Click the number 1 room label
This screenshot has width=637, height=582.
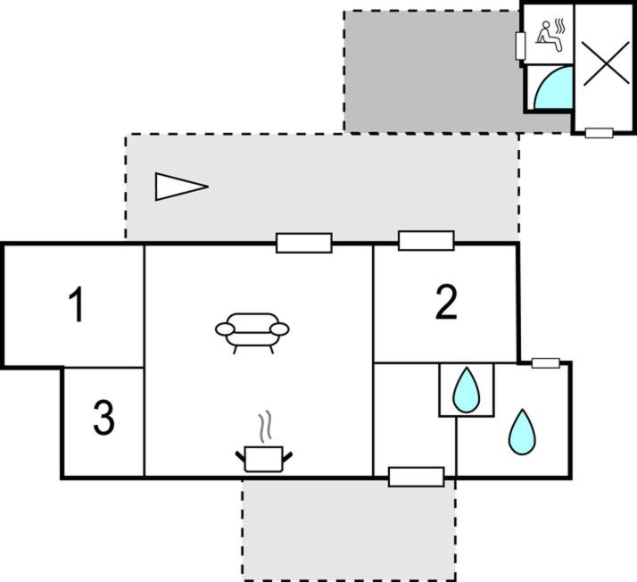pyautogui.click(x=77, y=304)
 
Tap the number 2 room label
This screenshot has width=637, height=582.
pyautogui.click(x=446, y=302)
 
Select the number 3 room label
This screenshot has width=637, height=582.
pyautogui.click(x=104, y=418)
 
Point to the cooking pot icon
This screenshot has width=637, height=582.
pyautogui.click(x=264, y=459)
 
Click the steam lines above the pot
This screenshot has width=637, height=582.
pyautogui.click(x=264, y=427)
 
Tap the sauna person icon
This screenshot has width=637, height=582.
pyautogui.click(x=550, y=36)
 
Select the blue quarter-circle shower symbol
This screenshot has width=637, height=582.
pyautogui.click(x=553, y=87)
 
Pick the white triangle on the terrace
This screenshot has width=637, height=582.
pyautogui.click(x=181, y=187)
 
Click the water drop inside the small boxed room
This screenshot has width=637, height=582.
pyautogui.click(x=467, y=390)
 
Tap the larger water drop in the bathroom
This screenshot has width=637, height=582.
pyautogui.click(x=522, y=432)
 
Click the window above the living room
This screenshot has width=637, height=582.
pyautogui.click(x=304, y=243)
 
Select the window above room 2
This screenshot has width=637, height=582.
pyautogui.click(x=426, y=241)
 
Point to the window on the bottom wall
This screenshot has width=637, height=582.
pyautogui.click(x=417, y=477)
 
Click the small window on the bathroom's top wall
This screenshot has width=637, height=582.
pyautogui.click(x=546, y=363)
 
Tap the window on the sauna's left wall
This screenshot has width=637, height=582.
pyautogui.click(x=520, y=46)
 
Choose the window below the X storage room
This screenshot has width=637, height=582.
pyautogui.click(x=600, y=133)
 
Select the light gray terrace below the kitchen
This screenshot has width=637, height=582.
pyautogui.click(x=350, y=530)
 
